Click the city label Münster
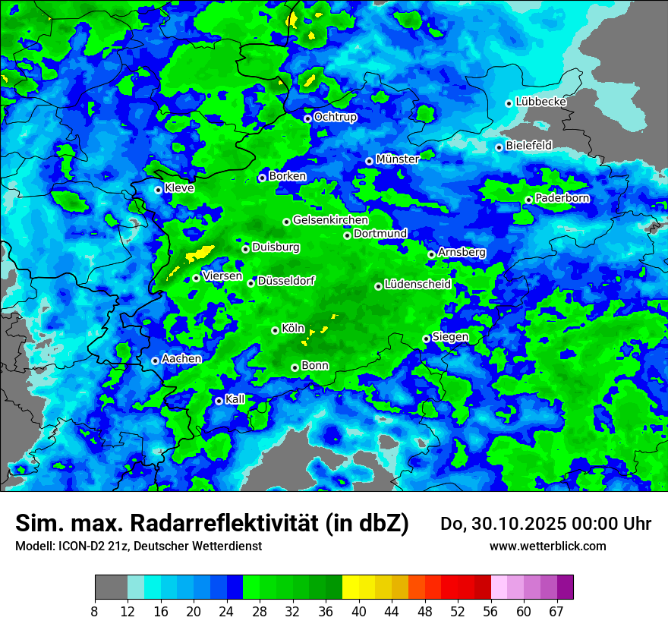pyautogui.click(x=397, y=159)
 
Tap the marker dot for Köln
pyautogui.click(x=275, y=330)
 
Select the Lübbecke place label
pyautogui.click(x=540, y=102)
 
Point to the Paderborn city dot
pyautogui.click(x=528, y=200)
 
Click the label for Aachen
pyautogui.click(x=181, y=358)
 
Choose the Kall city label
pyautogui.click(x=235, y=398)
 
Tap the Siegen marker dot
pyautogui.click(x=426, y=339)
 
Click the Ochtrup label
pyautogui.click(x=335, y=117)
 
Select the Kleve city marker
pyautogui.click(x=158, y=190)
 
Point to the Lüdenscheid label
pyautogui.click(x=417, y=284)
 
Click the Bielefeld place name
pyautogui.click(x=528, y=145)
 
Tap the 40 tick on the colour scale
pyautogui.click(x=359, y=612)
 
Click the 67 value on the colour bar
pyautogui.click(x=556, y=612)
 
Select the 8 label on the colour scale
pyautogui.click(x=94, y=612)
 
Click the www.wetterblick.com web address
pyautogui.click(x=547, y=546)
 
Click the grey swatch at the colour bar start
pyautogui.click(x=111, y=587)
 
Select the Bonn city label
pyautogui.click(x=315, y=365)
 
